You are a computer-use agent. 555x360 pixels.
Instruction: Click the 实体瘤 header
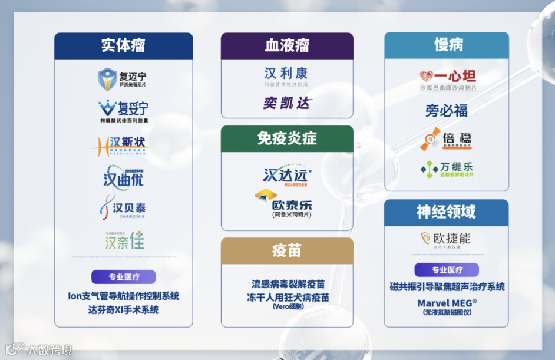pos(123,45)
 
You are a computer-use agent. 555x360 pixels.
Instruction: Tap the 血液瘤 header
pos(287,45)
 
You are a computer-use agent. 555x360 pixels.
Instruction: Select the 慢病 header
pos(446,45)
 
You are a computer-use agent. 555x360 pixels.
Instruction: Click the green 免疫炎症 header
pos(287,138)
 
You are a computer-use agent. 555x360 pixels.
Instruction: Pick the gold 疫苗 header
pos(287,250)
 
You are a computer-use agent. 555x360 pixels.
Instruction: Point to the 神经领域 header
pos(446,212)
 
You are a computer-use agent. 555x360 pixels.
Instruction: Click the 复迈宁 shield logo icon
pos(108,79)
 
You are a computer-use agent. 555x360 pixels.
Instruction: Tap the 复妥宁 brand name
pos(133,108)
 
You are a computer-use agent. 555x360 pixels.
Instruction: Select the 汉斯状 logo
pos(123,145)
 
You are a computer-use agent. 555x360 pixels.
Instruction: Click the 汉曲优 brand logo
pos(123,175)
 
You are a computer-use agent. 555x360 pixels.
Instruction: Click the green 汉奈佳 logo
pos(124,240)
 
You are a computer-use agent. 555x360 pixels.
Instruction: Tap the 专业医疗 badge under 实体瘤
pos(123,276)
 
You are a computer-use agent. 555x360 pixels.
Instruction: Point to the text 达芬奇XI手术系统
pos(123,309)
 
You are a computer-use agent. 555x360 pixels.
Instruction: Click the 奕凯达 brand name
pos(287,104)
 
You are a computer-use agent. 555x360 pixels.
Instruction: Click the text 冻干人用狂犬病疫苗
pos(288,297)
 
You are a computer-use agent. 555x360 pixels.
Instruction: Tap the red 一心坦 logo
pos(448,77)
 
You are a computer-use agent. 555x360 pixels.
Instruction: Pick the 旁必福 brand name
pos(447,110)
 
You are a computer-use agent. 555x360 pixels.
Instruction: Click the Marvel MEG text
pos(447,302)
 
